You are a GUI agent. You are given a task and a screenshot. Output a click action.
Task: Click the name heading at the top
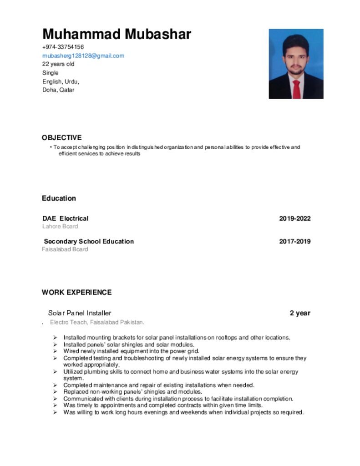click(x=117, y=34)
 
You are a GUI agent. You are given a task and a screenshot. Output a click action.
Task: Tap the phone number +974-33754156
click(x=63, y=47)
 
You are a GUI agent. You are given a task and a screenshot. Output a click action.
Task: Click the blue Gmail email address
click(x=83, y=56)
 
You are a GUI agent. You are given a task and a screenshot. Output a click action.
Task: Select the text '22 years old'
click(x=58, y=64)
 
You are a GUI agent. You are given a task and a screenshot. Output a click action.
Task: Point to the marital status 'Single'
click(x=51, y=73)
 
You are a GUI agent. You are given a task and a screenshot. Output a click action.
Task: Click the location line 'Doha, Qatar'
click(x=58, y=90)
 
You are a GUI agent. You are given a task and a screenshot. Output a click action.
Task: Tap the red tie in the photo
click(x=296, y=89)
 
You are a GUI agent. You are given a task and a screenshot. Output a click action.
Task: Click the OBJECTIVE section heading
click(x=62, y=137)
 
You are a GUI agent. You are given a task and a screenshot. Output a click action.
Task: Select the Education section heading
click(x=59, y=198)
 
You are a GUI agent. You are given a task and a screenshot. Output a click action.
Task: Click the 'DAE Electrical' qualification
click(x=66, y=218)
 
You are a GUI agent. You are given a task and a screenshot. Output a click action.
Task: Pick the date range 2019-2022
click(x=294, y=218)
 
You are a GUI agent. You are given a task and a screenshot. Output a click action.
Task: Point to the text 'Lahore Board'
click(x=60, y=226)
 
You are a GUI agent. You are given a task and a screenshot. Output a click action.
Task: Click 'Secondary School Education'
click(x=89, y=241)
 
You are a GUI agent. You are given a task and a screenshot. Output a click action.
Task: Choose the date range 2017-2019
click(x=294, y=241)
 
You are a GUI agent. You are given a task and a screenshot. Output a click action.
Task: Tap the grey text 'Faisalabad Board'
click(x=65, y=249)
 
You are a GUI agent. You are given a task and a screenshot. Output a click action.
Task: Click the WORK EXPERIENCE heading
click(x=76, y=292)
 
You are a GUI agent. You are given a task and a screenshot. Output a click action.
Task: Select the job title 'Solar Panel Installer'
click(x=80, y=313)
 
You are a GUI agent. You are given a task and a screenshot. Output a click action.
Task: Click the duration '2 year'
click(x=300, y=313)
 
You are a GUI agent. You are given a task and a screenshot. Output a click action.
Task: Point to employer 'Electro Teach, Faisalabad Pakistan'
click(x=97, y=323)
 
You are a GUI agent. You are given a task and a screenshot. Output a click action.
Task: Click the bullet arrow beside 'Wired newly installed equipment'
click(x=55, y=351)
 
